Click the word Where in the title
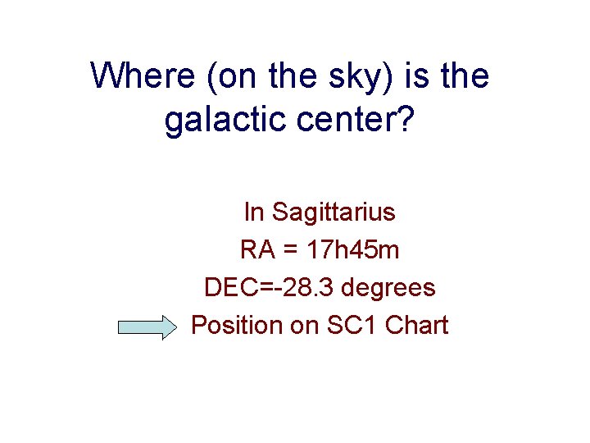coord(138,76)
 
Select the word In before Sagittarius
coord(254,212)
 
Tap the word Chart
coord(416,326)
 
